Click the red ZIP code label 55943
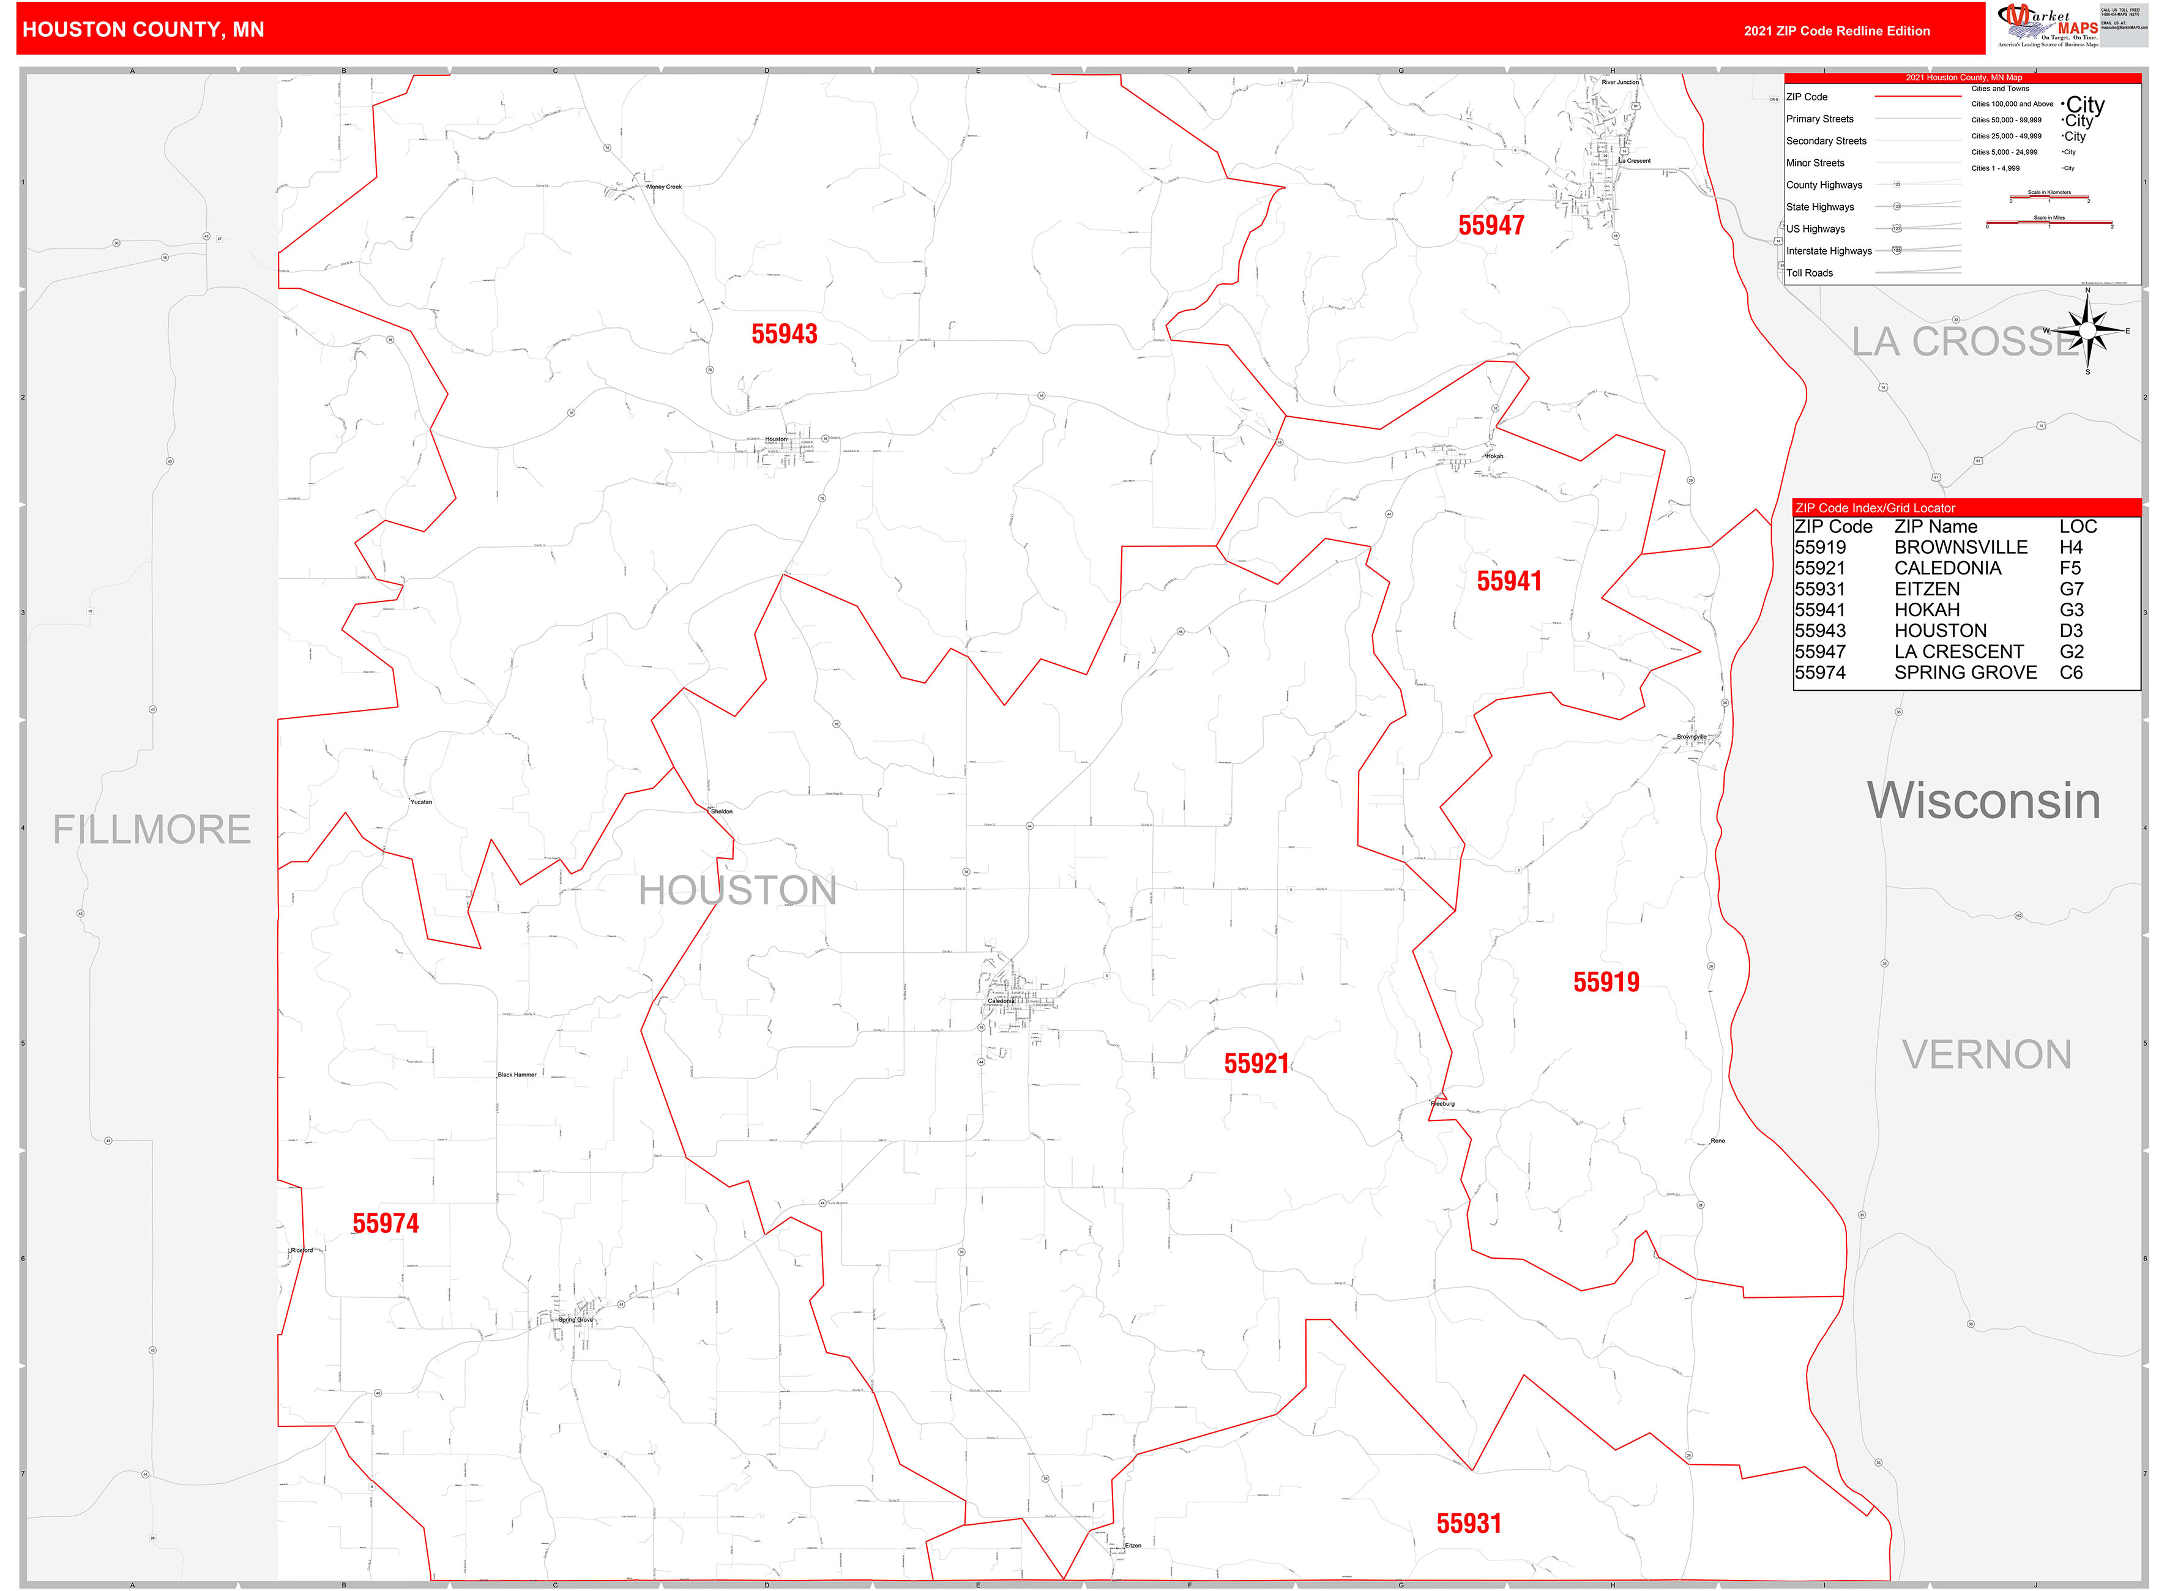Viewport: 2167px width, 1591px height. [784, 334]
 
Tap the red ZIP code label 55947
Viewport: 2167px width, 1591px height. [1491, 225]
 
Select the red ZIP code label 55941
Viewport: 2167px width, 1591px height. [1509, 582]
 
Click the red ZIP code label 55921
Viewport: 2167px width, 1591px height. [1256, 1064]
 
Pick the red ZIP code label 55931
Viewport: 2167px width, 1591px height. [1469, 1524]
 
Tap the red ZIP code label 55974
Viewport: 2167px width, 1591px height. [386, 1223]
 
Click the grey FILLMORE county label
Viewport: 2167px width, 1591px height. [151, 830]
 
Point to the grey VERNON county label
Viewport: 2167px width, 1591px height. [1986, 1056]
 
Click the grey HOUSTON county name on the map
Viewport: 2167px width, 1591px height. [738, 891]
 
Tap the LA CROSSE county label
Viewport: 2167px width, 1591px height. [1965, 342]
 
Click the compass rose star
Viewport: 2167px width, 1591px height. [2087, 331]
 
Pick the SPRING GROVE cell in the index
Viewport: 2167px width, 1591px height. [1965, 673]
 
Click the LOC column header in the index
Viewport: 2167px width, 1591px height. [2078, 527]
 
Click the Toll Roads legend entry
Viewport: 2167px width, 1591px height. [1810, 274]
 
